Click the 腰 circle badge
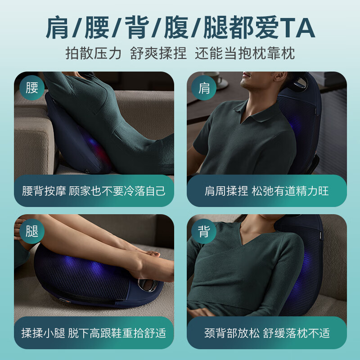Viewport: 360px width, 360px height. tap(32, 87)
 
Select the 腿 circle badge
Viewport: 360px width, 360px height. tap(32, 231)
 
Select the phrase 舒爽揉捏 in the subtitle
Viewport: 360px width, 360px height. tap(158, 54)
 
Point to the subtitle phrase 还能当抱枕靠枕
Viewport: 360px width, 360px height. tap(245, 54)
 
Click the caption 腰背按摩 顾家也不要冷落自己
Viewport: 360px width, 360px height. tap(94, 190)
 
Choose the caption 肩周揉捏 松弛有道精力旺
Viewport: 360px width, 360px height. tap(266, 190)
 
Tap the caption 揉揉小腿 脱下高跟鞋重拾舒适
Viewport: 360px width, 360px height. tap(94, 333)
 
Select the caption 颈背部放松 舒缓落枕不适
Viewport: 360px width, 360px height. tap(266, 333)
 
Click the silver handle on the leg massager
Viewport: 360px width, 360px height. tap(148, 284)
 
